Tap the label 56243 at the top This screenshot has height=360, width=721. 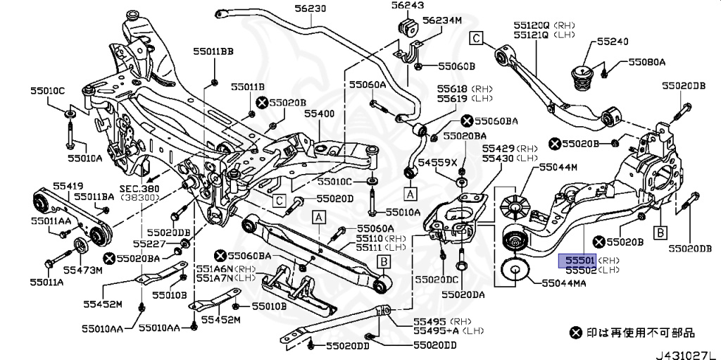tap(408, 6)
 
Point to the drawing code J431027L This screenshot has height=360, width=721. tap(688, 355)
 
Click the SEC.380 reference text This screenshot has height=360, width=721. tap(139, 188)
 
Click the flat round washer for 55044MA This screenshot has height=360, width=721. tap(515, 272)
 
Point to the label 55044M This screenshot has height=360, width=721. tap(558, 167)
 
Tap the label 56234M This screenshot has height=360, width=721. tap(442, 20)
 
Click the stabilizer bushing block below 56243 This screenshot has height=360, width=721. tap(408, 27)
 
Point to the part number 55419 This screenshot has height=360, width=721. tap(68, 186)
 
